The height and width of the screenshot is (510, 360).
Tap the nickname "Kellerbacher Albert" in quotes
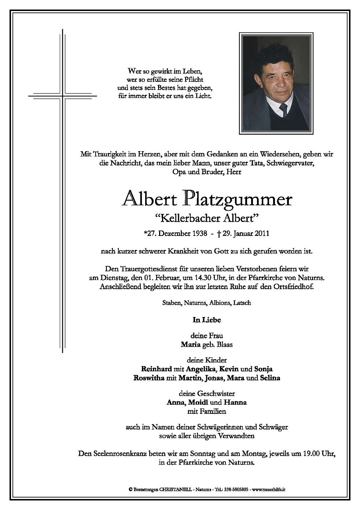pyautogui.click(x=207, y=219)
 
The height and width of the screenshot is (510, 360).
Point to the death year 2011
pyautogui.click(x=263, y=233)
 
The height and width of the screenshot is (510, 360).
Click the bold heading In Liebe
pyautogui.click(x=207, y=320)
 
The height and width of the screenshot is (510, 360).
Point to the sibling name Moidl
pyautogui.click(x=198, y=402)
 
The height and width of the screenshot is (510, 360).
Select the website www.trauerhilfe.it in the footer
pyautogui.click(x=269, y=489)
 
